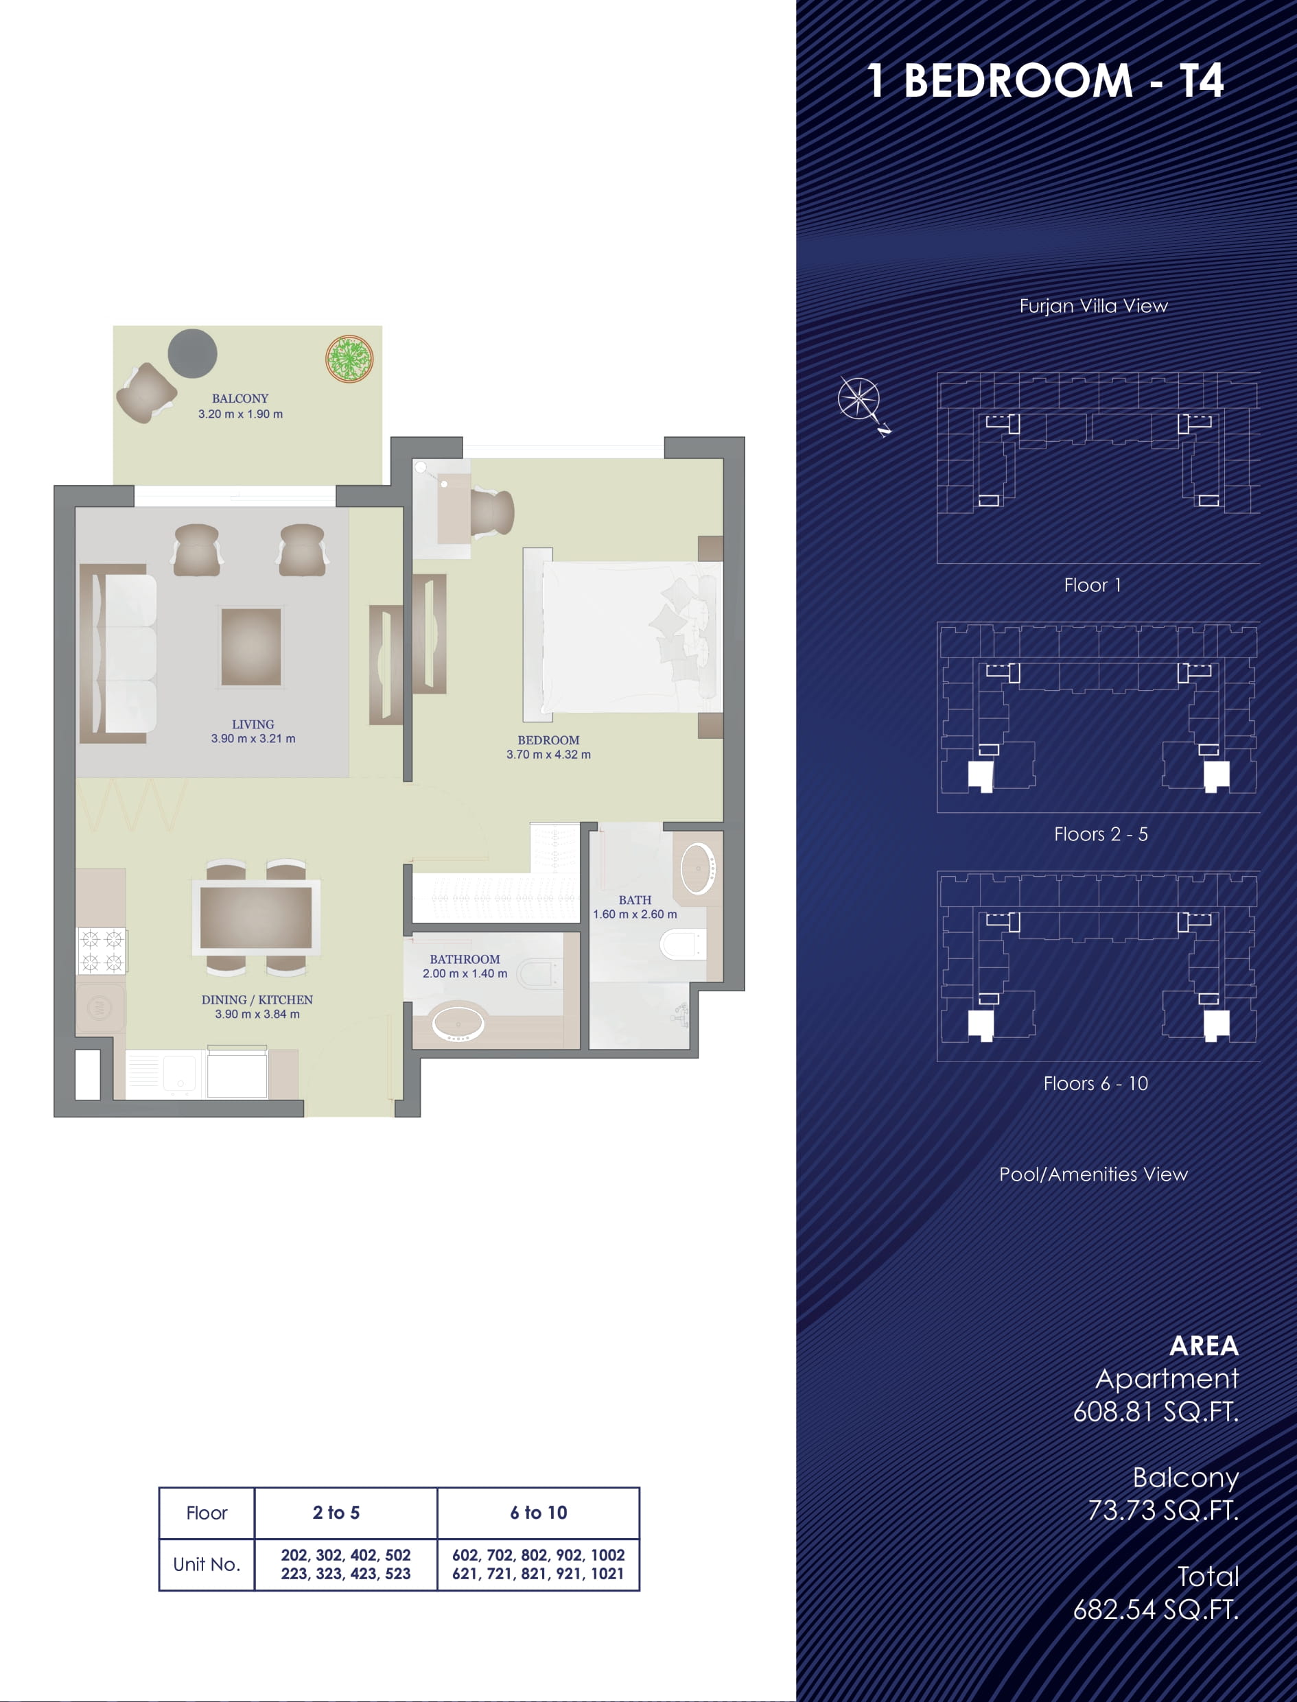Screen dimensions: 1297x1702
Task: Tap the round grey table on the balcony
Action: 192,353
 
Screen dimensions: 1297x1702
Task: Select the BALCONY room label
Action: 240,399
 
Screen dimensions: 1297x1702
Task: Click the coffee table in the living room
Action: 251,647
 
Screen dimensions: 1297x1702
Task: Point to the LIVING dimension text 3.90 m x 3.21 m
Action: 253,739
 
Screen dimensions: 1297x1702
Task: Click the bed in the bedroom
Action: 622,635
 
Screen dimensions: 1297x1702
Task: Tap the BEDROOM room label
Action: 548,740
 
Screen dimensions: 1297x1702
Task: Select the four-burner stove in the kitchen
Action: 102,950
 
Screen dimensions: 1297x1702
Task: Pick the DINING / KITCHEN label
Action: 257,1000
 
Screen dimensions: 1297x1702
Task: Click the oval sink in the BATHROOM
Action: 458,1024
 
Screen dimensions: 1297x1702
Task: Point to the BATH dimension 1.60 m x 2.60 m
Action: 635,914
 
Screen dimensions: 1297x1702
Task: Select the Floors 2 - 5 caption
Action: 1101,834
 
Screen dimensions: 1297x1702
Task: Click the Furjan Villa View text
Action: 1093,306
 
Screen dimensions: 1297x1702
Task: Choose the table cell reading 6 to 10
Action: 538,1513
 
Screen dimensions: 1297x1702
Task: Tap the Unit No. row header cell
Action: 207,1565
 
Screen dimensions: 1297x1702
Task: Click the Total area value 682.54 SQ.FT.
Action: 1156,1609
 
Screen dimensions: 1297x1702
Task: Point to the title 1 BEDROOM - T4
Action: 1045,80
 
